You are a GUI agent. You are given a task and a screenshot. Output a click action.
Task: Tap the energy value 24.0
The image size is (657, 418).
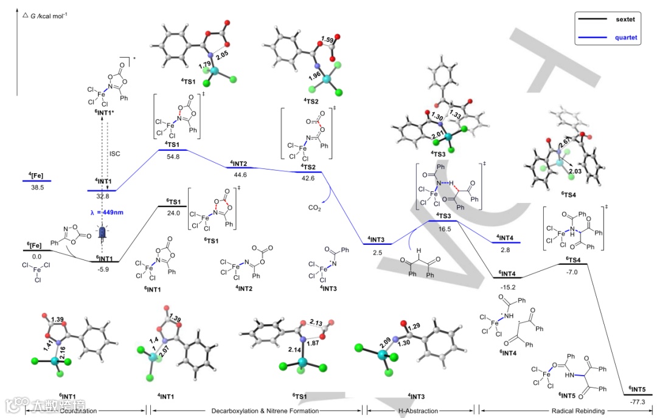pyautogui.click(x=174, y=213)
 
